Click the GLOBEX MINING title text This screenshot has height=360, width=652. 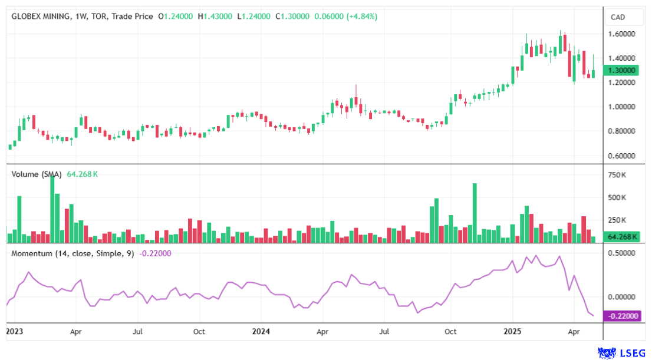pyautogui.click(x=41, y=16)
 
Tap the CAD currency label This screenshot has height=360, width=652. pyautogui.click(x=618, y=17)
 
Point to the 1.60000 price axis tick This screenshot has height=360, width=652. pyautogui.click(x=623, y=34)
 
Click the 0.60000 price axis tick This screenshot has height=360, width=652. pyautogui.click(x=623, y=156)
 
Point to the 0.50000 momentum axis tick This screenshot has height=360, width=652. pyautogui.click(x=623, y=253)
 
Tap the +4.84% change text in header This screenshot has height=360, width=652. pyautogui.click(x=361, y=16)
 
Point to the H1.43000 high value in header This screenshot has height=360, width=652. pyautogui.click(x=215, y=16)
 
